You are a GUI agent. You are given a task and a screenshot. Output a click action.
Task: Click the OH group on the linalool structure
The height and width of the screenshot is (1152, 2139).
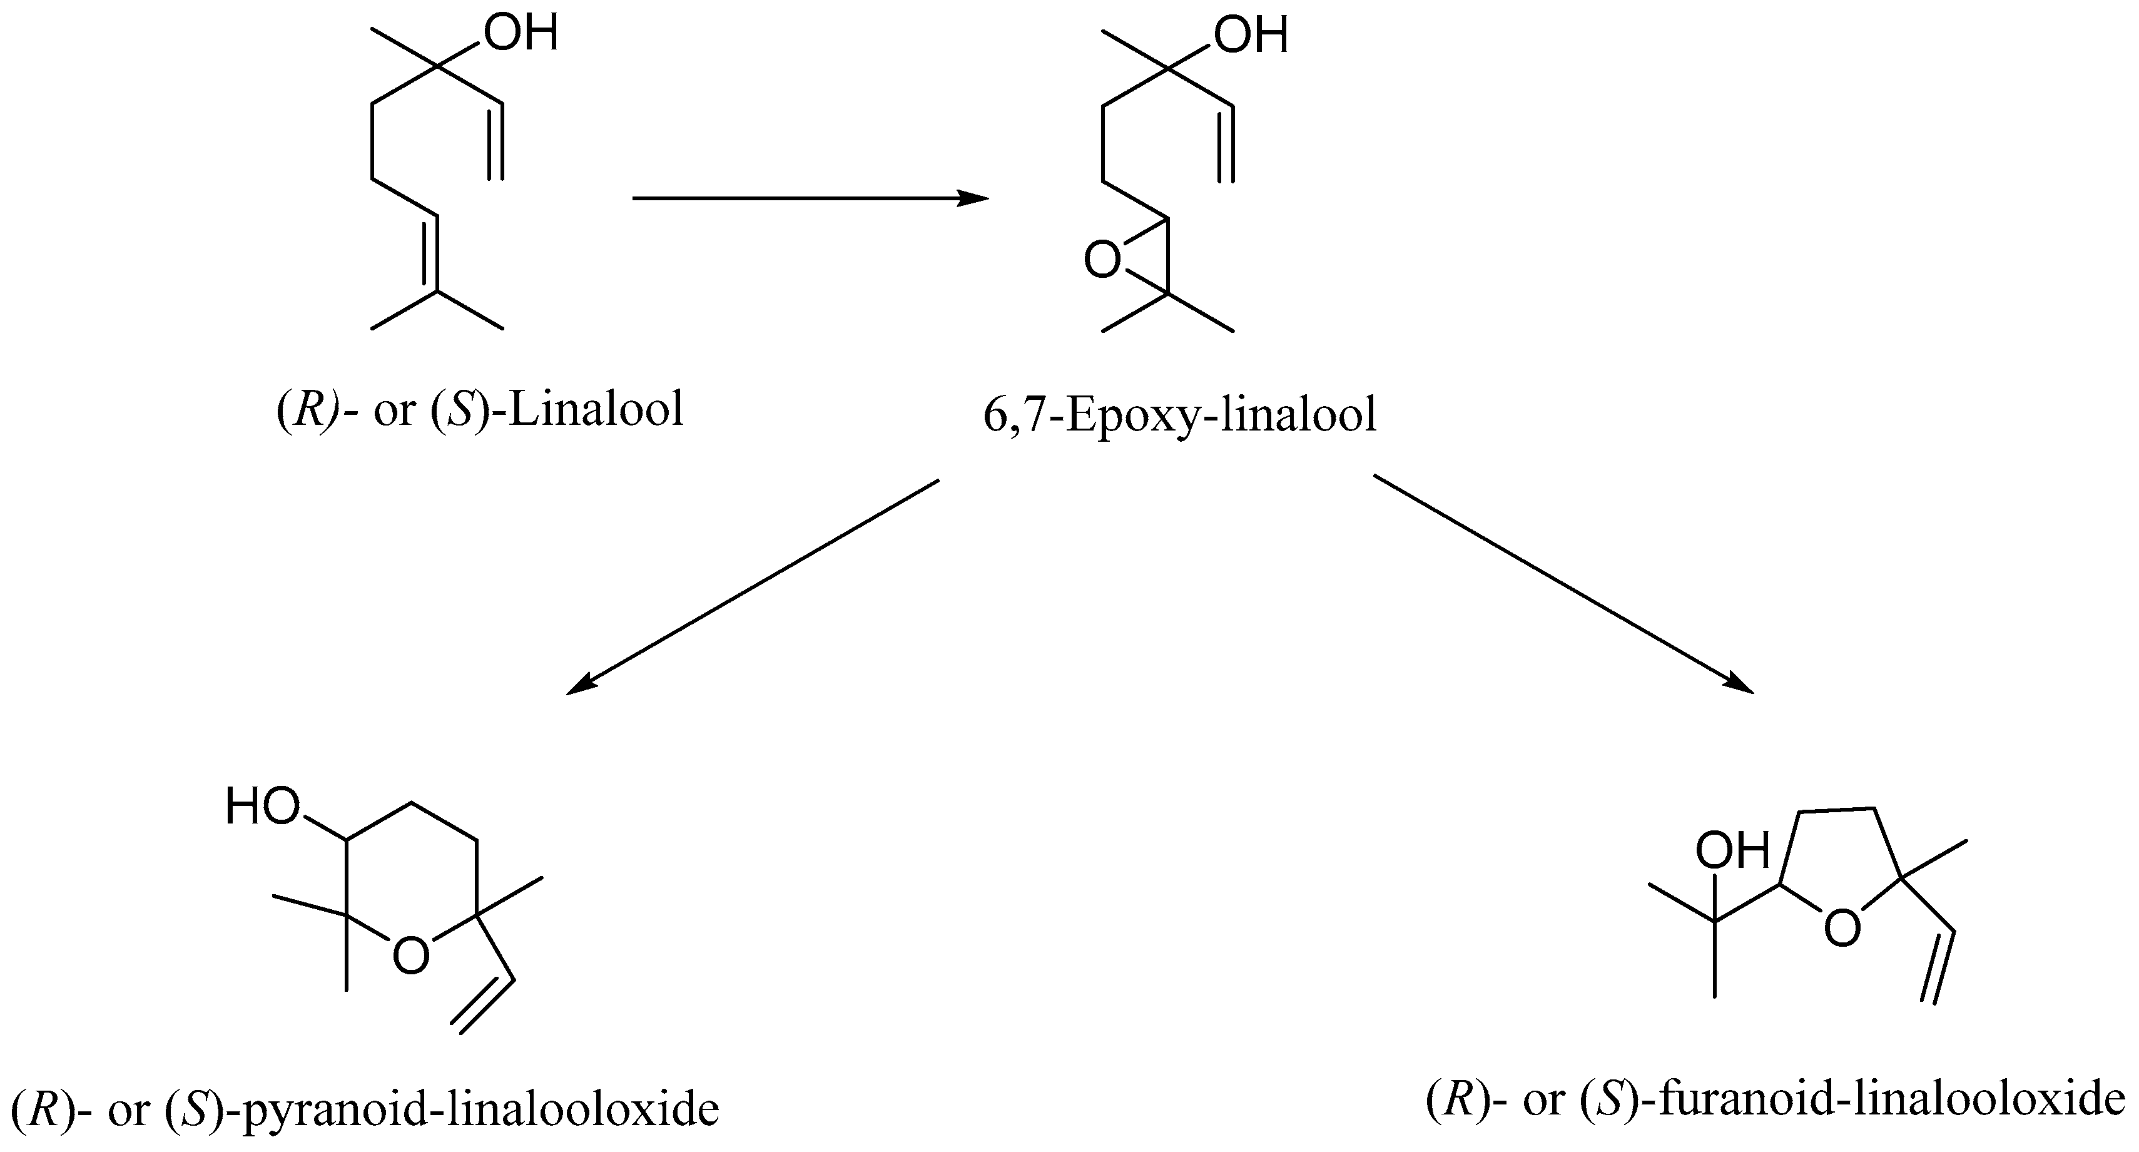tap(521, 35)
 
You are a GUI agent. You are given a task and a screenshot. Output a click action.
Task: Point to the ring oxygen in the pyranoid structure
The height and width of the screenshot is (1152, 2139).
tap(411, 955)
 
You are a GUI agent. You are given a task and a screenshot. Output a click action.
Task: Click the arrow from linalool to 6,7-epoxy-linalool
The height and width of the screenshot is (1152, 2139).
tap(810, 198)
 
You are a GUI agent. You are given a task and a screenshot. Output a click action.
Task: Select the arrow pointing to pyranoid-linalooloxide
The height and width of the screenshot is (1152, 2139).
tap(751, 586)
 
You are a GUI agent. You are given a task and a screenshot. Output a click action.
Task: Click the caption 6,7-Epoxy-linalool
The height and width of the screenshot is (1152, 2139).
tap(1179, 414)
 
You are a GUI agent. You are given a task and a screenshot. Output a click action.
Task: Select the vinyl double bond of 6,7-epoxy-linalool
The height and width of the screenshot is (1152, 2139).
tap(1226, 144)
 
